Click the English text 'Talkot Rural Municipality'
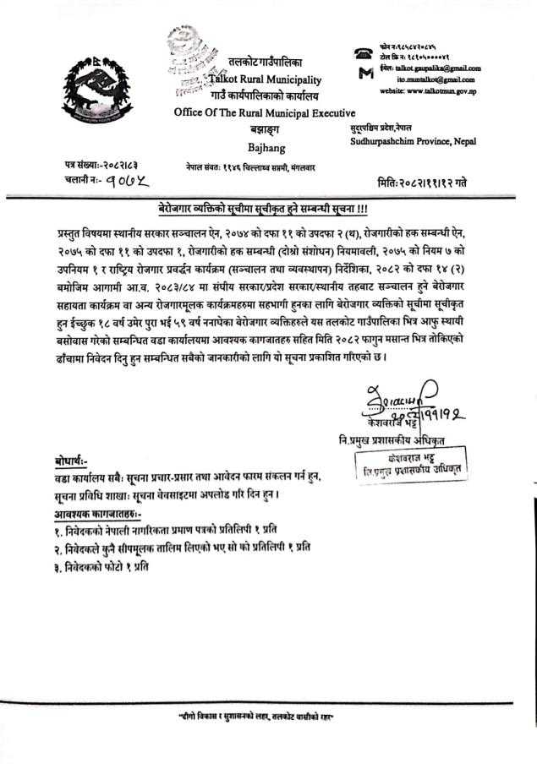point(266,80)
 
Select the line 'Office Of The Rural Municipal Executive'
point(265,112)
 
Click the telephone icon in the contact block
point(364,52)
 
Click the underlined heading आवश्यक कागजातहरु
point(94,512)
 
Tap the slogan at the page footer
point(267,717)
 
